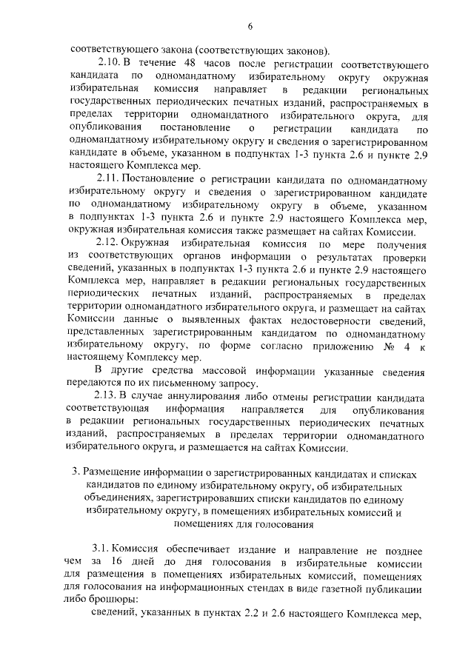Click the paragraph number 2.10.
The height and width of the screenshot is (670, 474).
point(110,63)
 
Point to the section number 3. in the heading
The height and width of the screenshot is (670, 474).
point(75,472)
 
